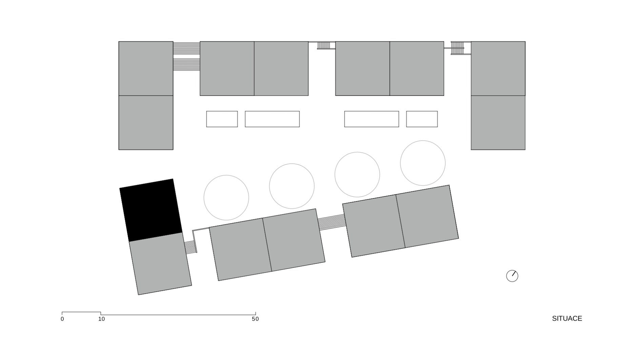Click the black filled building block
point(151,210)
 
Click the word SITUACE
point(567,318)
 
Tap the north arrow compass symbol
point(512,276)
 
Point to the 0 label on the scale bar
point(62,319)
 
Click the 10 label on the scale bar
point(101,319)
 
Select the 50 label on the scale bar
point(255,319)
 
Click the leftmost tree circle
point(226,197)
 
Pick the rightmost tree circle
point(423,163)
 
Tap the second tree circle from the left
point(291,186)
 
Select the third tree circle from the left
point(357,174)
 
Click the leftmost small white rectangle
point(222,119)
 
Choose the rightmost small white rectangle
point(422,119)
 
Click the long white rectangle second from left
point(272,119)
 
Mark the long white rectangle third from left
point(371,119)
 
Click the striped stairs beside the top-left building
point(186,56)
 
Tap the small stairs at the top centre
point(324,45)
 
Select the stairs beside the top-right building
point(458,48)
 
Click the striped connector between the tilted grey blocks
point(331,222)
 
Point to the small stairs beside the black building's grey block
point(190,247)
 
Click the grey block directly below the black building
point(160,263)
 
